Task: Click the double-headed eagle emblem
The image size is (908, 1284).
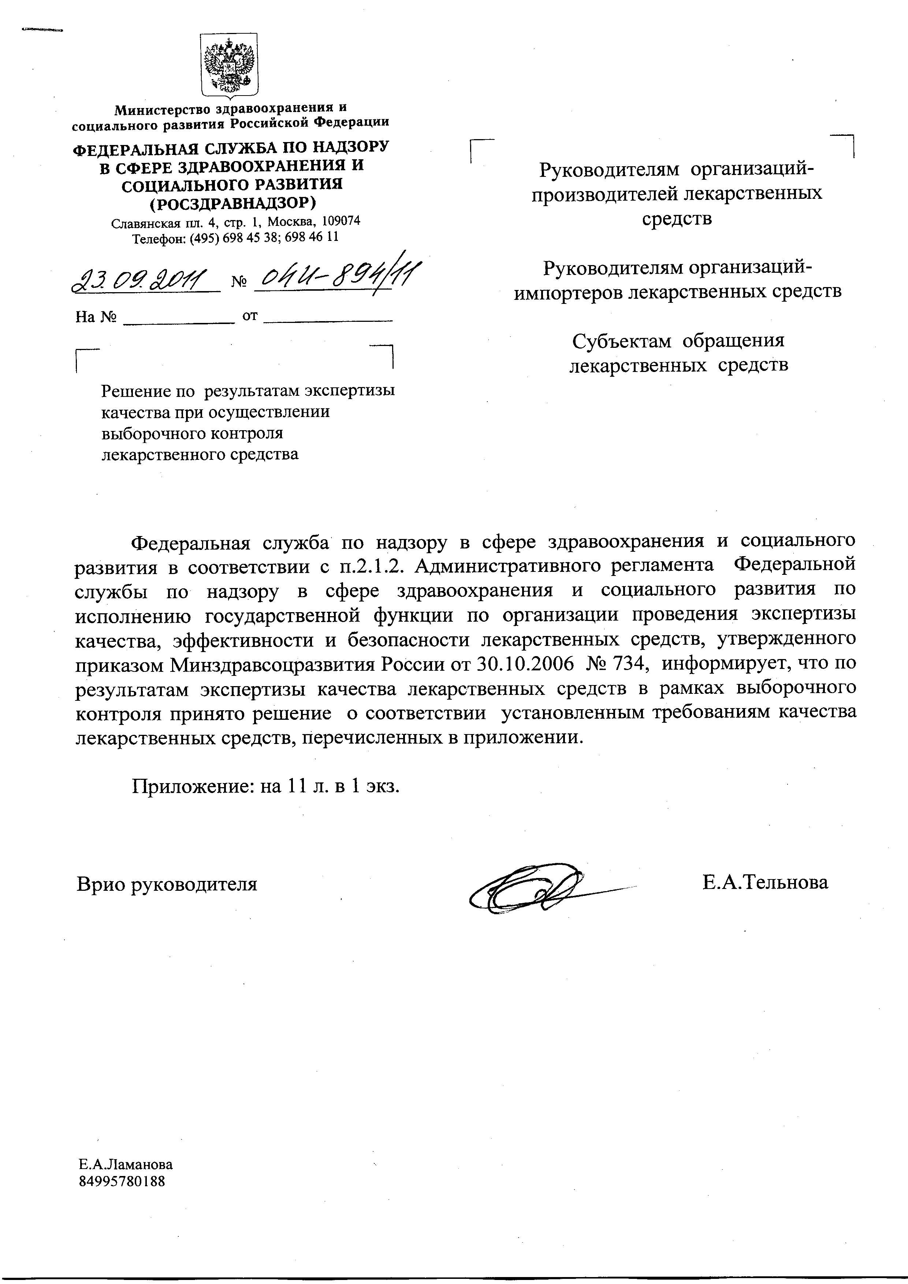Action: click(229, 66)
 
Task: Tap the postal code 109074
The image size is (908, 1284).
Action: click(340, 220)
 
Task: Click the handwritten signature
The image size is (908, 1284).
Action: click(531, 889)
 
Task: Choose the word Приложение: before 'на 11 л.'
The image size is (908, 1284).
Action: click(193, 787)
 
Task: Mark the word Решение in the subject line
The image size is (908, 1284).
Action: click(135, 390)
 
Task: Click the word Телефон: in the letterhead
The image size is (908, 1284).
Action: click(159, 237)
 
